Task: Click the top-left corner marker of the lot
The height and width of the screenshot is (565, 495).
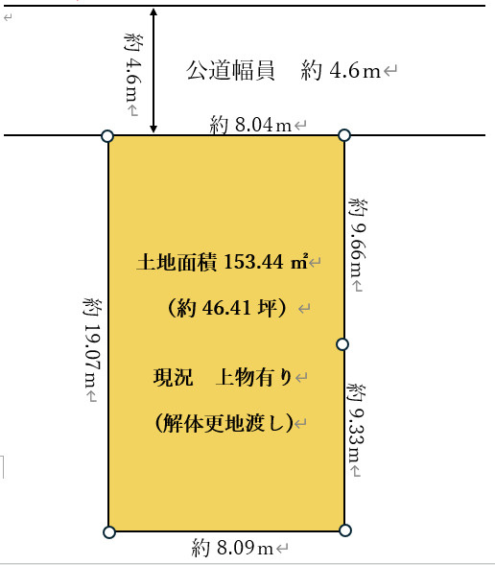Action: point(107,136)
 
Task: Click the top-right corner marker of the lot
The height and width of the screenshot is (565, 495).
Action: point(344,135)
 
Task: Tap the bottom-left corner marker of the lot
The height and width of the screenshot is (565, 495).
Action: point(108,530)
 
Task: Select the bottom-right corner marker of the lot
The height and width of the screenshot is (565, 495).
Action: point(345,530)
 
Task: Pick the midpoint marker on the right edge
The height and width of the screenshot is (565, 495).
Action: point(342,343)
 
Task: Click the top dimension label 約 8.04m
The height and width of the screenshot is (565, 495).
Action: point(250,125)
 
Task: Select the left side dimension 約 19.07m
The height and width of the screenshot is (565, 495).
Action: point(91,348)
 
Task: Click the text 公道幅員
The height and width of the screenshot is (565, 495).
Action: point(230,71)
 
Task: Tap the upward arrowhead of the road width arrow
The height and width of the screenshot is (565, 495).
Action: point(153,12)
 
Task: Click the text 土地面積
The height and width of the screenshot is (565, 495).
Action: point(177,261)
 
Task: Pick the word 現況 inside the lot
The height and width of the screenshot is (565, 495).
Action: point(173,377)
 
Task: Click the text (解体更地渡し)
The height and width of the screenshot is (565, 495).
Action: point(224,423)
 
